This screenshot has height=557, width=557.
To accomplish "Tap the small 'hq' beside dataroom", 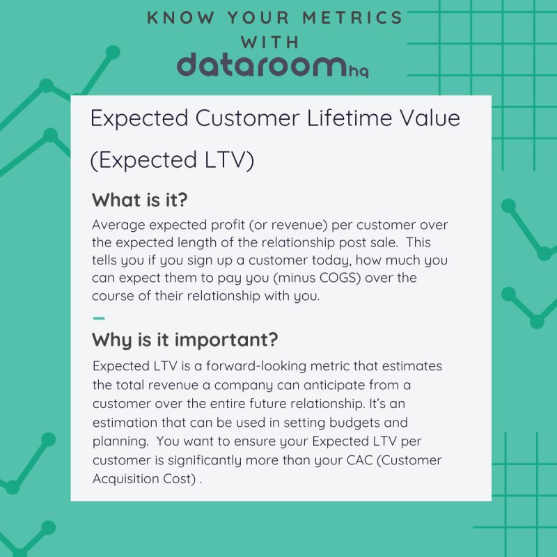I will click(359, 70).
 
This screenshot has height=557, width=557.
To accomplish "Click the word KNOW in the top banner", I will click(173, 17).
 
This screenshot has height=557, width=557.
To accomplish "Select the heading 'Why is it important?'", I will click(185, 340).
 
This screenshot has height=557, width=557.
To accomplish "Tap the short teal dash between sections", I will click(99, 318).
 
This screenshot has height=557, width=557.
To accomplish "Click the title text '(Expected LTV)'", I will click(173, 159).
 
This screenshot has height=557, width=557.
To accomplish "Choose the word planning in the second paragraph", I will click(116, 441).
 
